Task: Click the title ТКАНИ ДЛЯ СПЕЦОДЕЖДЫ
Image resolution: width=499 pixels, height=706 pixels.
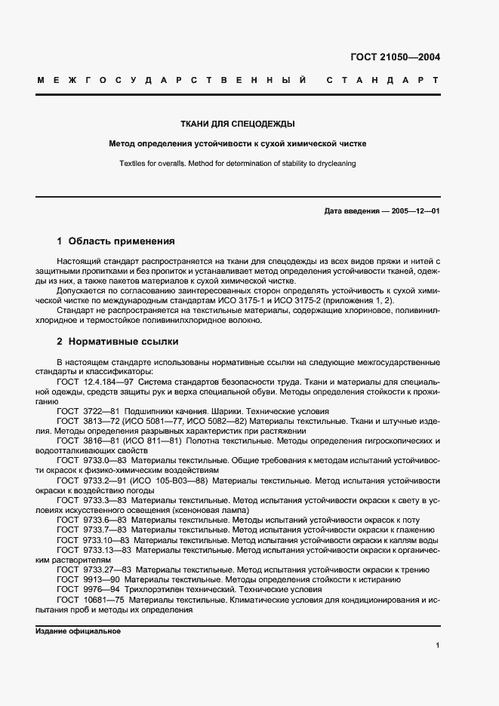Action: pyautogui.click(x=236, y=124)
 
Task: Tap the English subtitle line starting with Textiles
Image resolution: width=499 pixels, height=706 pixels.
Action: pyautogui.click(x=236, y=163)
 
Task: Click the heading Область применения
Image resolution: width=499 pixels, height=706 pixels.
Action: pyautogui.click(x=121, y=241)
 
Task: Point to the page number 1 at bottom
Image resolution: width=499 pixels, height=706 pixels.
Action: pyautogui.click(x=438, y=645)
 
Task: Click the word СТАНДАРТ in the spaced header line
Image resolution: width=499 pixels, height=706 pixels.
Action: pyautogui.click(x=383, y=79)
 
